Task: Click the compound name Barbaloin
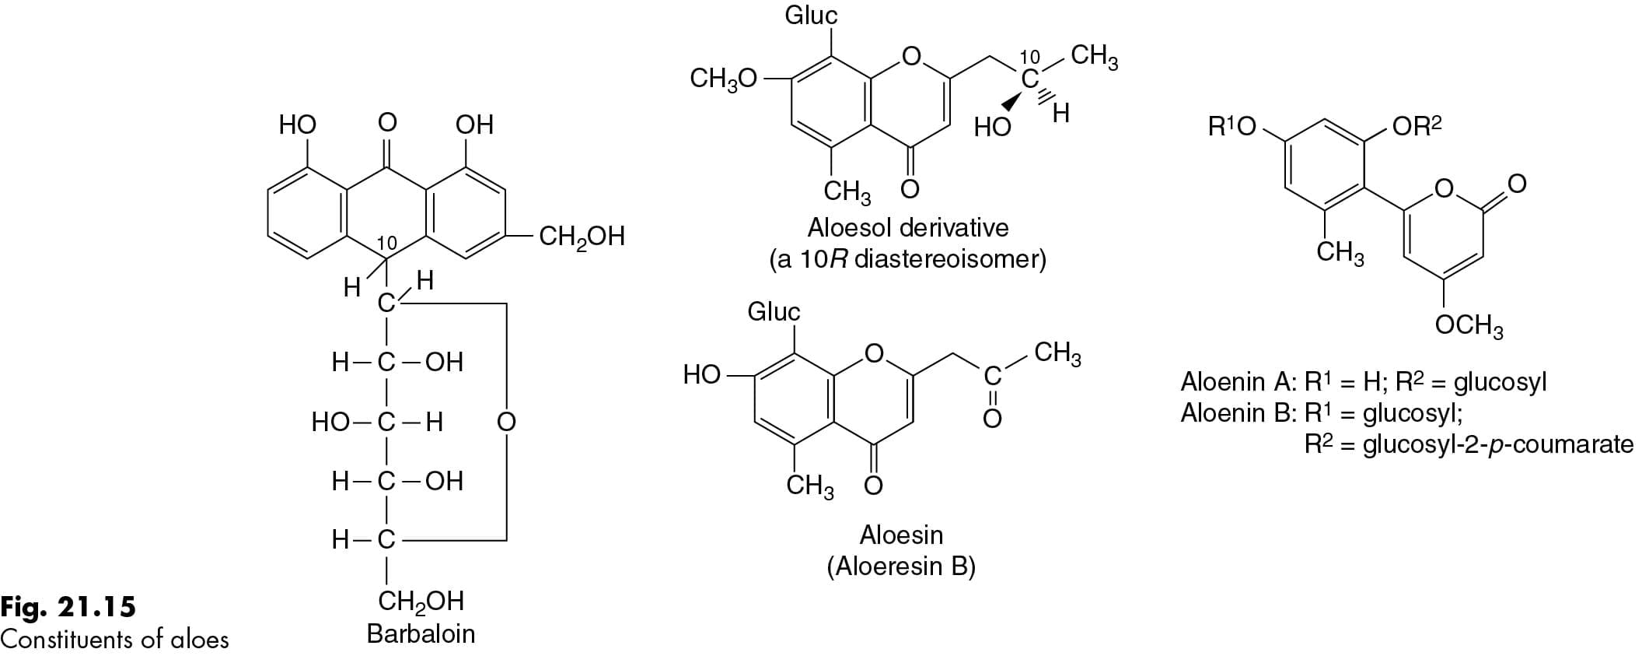[x=421, y=633]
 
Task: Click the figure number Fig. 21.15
[x=68, y=606]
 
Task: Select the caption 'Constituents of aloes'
[x=115, y=639]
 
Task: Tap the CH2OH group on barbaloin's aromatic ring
[x=582, y=236]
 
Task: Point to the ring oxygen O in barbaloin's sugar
[x=506, y=422]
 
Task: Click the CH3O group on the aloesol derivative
[x=723, y=79]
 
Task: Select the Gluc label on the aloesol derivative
[x=811, y=15]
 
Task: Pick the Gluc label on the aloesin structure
[x=774, y=311]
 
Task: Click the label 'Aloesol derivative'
[x=907, y=227]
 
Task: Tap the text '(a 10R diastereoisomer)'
[x=907, y=258]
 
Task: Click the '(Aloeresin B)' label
[x=901, y=566]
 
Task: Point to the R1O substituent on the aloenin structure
[x=1233, y=126]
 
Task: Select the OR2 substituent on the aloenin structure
[x=1417, y=126]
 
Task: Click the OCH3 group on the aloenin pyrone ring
[x=1469, y=325]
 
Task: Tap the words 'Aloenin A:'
[x=1238, y=382]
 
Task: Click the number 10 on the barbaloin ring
[x=386, y=244]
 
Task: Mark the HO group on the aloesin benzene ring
[x=702, y=375]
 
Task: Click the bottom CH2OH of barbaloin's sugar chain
[x=421, y=601]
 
